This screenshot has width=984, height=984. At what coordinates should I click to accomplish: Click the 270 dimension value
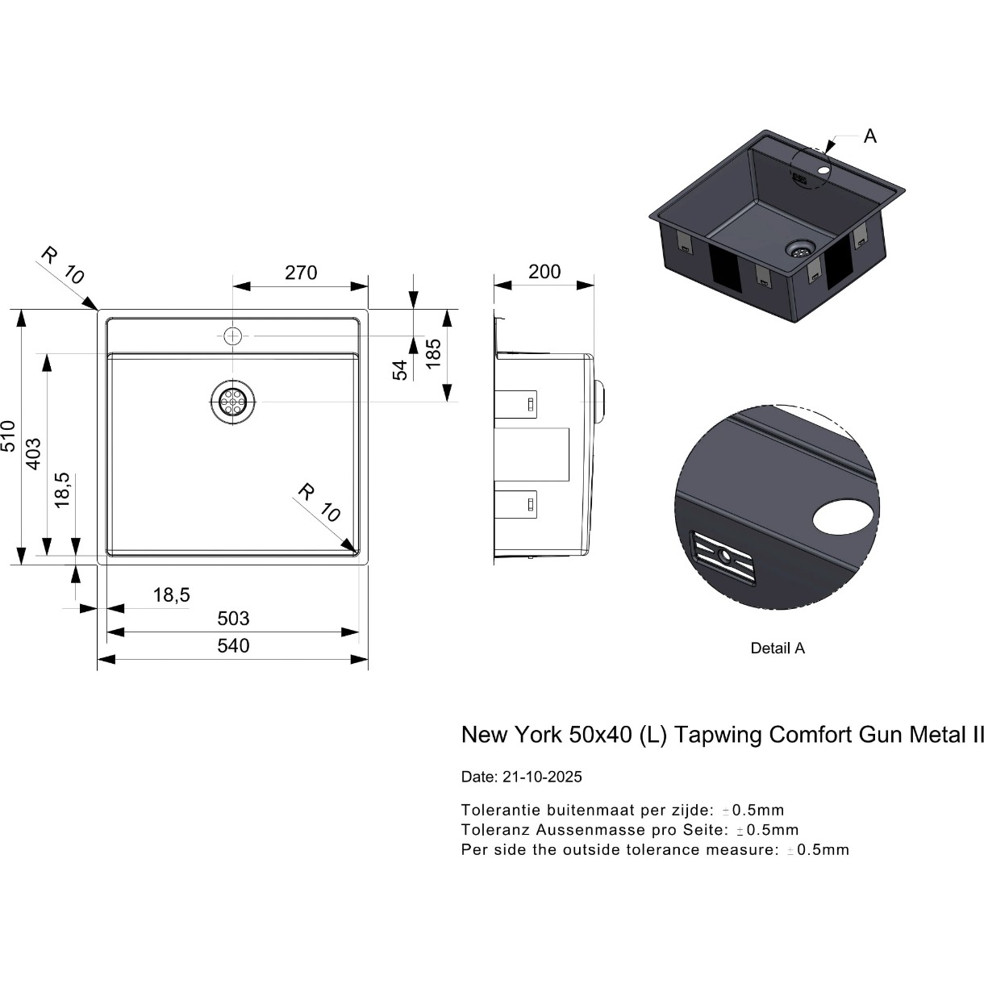click(x=301, y=273)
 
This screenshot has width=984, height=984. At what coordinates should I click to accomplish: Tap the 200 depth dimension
click(x=544, y=272)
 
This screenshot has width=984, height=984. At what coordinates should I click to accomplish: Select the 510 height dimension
click(x=9, y=436)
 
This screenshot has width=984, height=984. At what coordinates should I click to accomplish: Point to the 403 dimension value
click(x=34, y=454)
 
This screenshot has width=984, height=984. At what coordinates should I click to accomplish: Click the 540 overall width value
click(x=233, y=646)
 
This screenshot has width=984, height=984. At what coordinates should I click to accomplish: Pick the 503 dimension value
click(x=233, y=619)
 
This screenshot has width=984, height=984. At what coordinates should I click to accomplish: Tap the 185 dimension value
click(x=433, y=354)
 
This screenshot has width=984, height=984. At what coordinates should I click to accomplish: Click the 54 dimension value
click(x=400, y=370)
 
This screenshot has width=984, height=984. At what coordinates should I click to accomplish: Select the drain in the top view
click(x=233, y=402)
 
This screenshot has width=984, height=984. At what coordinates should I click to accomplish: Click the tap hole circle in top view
click(x=233, y=336)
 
